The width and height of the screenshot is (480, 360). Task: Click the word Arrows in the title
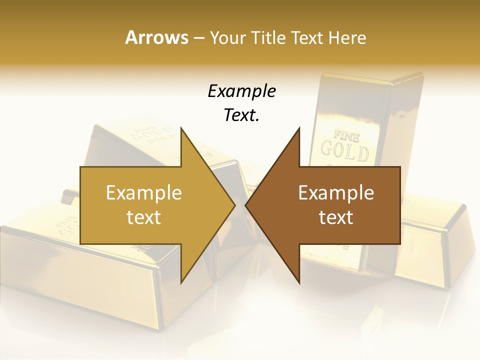[156, 37]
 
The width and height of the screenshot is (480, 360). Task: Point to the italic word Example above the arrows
[241, 91]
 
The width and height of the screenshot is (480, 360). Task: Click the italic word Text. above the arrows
[241, 115]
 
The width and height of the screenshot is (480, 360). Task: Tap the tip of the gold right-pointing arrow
[234, 205]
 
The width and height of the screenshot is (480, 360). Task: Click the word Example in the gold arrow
[144, 193]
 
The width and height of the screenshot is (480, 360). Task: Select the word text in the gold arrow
[144, 217]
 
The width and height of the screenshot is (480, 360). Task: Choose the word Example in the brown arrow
[336, 193]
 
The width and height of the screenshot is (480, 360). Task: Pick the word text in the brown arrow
[336, 217]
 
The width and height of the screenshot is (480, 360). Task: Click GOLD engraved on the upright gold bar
[344, 151]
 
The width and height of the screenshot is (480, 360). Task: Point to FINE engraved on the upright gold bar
[342, 135]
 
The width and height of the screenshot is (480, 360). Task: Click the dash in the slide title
[198, 37]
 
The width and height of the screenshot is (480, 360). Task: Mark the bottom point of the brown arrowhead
[299, 282]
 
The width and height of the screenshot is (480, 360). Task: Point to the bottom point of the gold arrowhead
[181, 282]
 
